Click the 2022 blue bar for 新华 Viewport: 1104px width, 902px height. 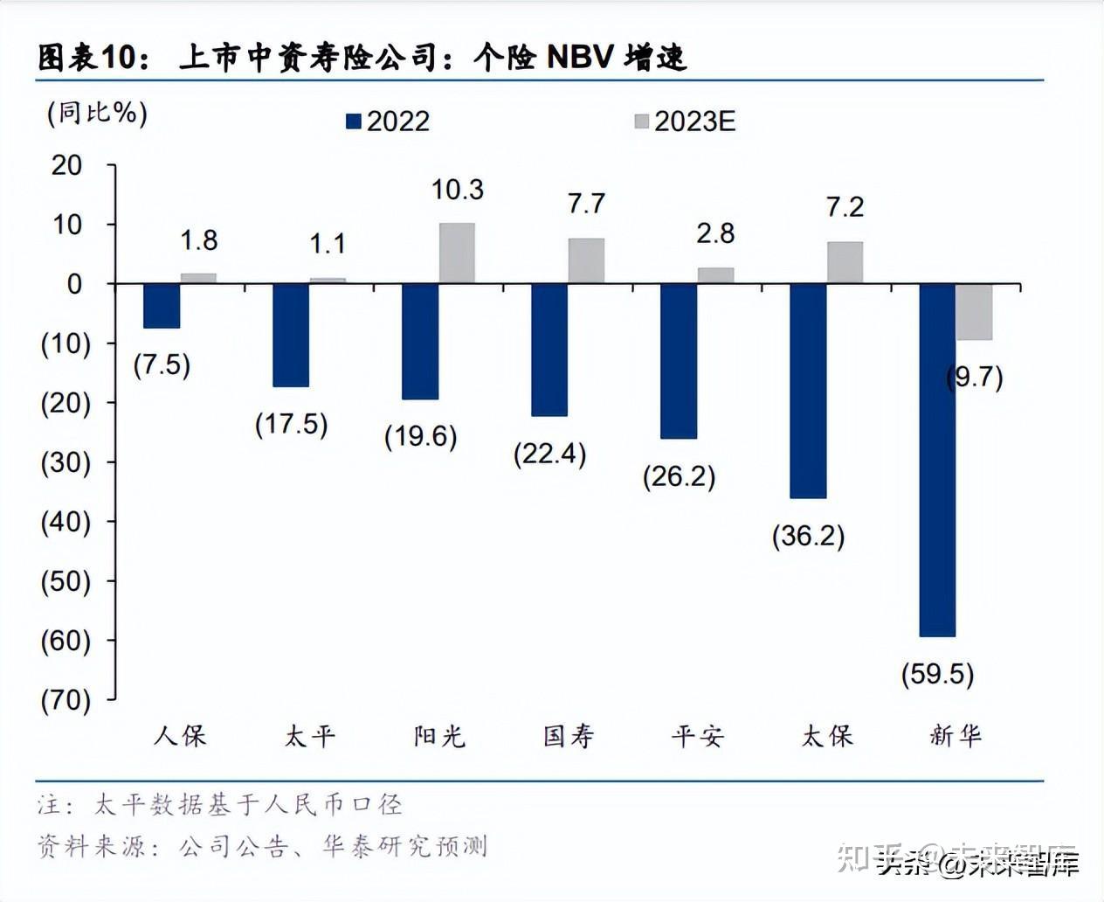937,460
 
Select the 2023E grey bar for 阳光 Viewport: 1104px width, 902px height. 457,253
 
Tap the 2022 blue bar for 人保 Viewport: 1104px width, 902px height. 162,306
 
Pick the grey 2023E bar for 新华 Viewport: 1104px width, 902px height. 974,312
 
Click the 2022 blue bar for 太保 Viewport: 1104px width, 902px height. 808,391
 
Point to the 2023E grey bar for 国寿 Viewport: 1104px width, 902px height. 586,261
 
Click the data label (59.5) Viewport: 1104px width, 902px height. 937,674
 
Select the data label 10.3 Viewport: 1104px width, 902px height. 457,190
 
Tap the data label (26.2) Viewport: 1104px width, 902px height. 679,476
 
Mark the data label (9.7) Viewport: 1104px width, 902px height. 975,377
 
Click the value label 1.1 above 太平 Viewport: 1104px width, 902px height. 328,243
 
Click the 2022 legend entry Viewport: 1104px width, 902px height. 389,121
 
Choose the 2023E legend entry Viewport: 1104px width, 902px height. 686,121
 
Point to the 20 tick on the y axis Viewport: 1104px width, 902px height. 67,165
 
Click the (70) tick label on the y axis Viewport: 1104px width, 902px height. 66,700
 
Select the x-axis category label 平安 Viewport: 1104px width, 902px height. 697,736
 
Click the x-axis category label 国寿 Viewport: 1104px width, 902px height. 568,736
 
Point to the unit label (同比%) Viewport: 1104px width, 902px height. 97,113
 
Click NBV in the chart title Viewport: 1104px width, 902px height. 578,58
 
